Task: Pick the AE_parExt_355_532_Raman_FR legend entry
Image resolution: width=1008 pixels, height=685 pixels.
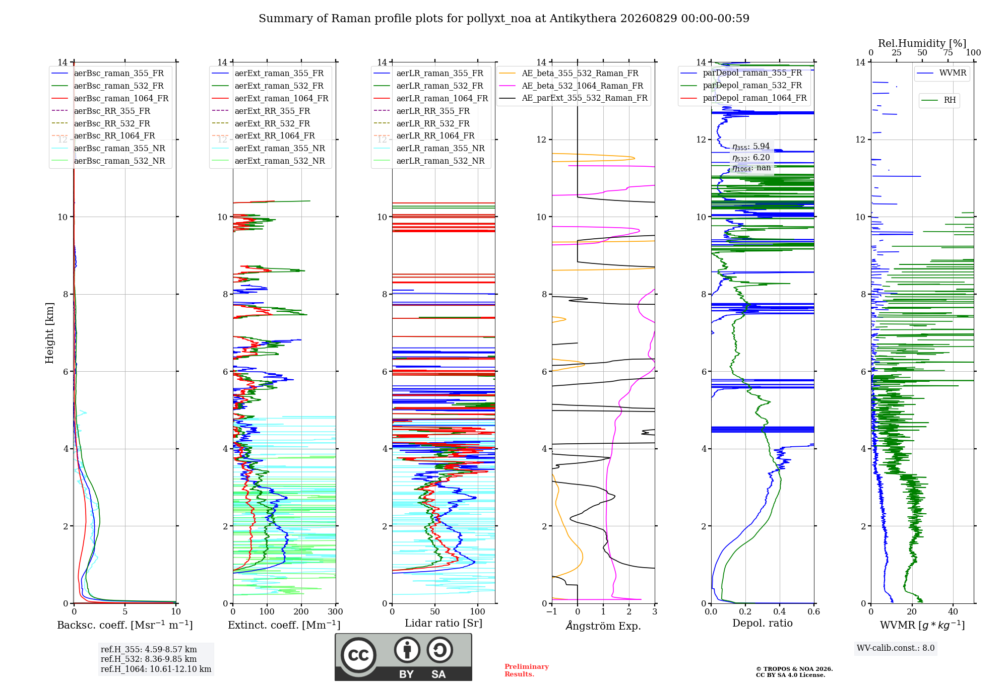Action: (x=574, y=98)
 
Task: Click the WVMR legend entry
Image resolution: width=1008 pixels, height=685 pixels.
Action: (x=941, y=73)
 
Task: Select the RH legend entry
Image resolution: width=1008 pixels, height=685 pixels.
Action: (x=938, y=100)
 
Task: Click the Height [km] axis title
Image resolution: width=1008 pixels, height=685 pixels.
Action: (x=49, y=333)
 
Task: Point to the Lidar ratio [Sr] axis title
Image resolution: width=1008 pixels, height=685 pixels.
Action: (x=444, y=623)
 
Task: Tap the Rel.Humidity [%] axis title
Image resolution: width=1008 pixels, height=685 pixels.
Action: (x=922, y=43)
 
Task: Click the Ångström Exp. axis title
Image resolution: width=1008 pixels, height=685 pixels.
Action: (x=603, y=626)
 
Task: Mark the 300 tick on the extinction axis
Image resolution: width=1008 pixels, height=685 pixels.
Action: (x=336, y=611)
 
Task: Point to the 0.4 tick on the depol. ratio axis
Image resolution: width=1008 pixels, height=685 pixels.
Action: (x=780, y=611)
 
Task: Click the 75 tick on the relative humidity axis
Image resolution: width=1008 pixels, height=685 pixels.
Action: (x=948, y=52)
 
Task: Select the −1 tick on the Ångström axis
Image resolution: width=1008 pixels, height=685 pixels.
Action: (x=552, y=611)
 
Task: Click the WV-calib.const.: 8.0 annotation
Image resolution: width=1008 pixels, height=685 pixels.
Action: (x=896, y=648)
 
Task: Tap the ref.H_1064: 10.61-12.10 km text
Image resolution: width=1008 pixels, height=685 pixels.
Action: (x=156, y=669)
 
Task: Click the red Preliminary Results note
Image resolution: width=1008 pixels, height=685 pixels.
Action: (x=527, y=670)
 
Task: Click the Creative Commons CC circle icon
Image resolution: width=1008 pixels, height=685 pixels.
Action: (x=359, y=655)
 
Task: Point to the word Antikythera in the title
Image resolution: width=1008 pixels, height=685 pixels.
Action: (x=583, y=19)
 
